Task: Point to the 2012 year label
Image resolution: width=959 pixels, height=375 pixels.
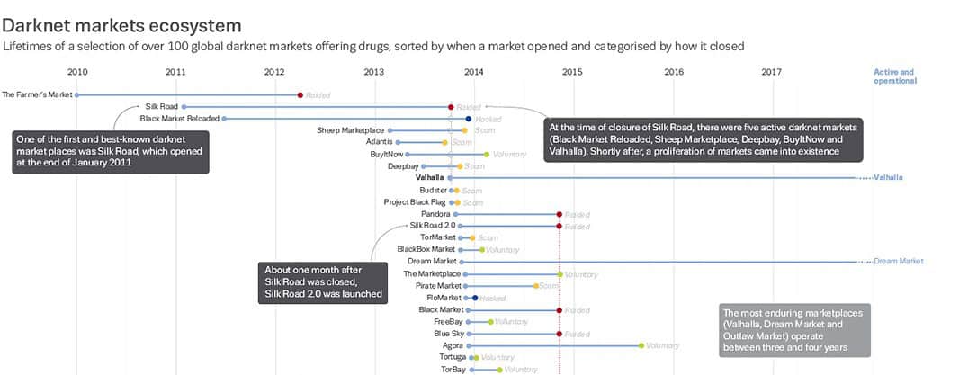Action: pos(274,72)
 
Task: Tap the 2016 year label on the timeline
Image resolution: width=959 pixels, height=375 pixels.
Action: pos(673,72)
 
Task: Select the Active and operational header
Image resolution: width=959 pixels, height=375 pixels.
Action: pos(894,76)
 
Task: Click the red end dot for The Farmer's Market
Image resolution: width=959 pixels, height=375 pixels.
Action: pos(300,94)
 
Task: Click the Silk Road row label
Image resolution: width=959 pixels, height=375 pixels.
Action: pos(162,106)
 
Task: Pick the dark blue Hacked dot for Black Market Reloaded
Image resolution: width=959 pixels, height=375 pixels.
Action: pos(469,118)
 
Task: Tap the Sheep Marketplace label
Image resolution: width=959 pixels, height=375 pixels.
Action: pos(350,130)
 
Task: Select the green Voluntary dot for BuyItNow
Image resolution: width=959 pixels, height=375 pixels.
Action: pos(487,155)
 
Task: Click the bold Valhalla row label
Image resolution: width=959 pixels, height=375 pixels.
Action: pos(429,178)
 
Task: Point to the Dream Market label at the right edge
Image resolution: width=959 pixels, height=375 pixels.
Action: pos(898,262)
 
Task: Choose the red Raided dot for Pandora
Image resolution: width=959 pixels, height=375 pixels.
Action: pos(560,214)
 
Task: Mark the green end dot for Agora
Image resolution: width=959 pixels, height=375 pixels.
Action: pos(641,345)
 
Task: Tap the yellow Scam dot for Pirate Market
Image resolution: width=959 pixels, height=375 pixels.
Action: pos(535,286)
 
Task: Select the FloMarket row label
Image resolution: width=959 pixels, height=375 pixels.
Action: pos(444,298)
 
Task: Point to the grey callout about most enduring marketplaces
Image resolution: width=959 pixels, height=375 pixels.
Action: pos(784,331)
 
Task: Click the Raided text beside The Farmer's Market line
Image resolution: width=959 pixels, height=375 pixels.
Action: pos(318,94)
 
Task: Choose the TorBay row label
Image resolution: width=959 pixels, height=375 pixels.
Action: pos(453,369)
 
